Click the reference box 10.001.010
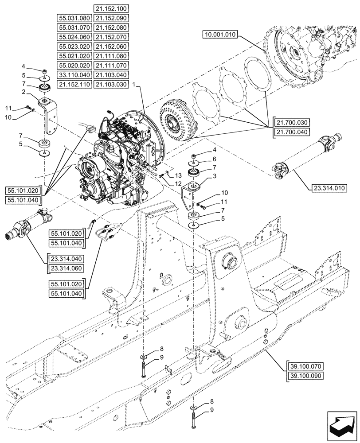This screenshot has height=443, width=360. (221, 35)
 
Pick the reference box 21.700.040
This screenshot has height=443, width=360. (293, 132)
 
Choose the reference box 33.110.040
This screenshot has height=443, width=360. (74, 75)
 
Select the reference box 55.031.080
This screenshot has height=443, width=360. (74, 18)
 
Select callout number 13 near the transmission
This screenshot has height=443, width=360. (172, 176)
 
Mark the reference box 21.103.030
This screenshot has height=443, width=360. (110, 84)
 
